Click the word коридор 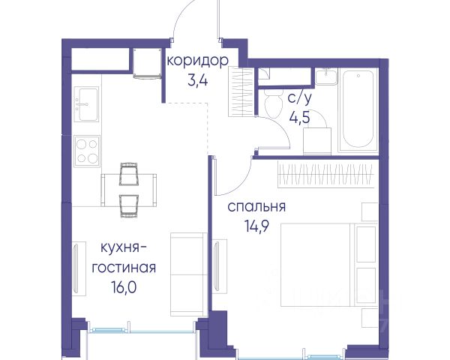(x=198, y=61)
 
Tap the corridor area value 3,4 (x=197, y=81)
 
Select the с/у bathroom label (x=299, y=98)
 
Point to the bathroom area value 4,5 (x=300, y=118)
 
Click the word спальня (x=256, y=207)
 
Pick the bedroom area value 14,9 (x=256, y=226)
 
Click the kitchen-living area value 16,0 (x=124, y=287)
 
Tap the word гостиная (x=124, y=268)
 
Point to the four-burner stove (x=87, y=151)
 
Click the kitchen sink (x=86, y=104)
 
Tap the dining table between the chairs (x=129, y=190)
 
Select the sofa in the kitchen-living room (x=189, y=274)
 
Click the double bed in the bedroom (x=328, y=265)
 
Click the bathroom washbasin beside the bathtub (x=326, y=76)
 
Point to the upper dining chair (x=129, y=173)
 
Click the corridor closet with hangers (x=241, y=91)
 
